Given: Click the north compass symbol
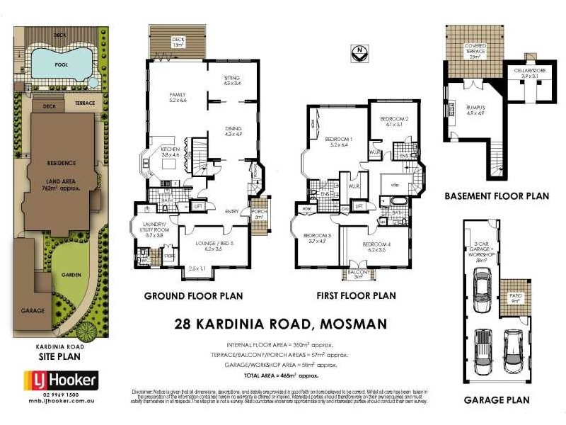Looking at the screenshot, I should coord(362,52).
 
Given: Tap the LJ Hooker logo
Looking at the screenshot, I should coord(56,381).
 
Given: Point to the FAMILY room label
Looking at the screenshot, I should coord(178,97).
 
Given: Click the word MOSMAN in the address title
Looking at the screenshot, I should coord(352,324).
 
